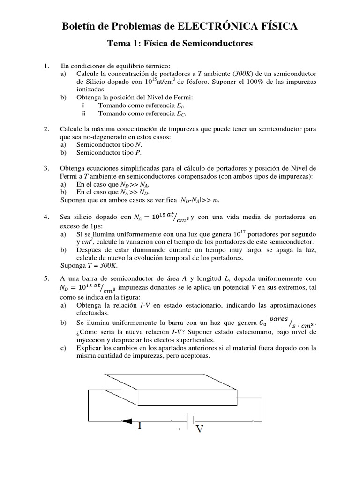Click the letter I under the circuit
[x=140, y=426]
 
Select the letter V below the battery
[x=199, y=428]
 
